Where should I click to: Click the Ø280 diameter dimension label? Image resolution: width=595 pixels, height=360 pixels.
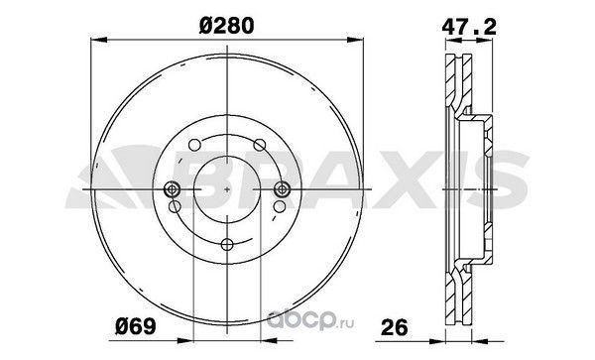226,26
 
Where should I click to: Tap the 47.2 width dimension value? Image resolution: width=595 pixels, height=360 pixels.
469,27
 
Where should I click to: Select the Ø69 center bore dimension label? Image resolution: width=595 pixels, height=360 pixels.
136,326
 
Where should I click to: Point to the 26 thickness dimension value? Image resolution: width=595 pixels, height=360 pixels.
395,326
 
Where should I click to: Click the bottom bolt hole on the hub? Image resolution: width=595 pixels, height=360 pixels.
227,244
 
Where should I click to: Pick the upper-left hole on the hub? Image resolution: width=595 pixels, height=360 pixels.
194,145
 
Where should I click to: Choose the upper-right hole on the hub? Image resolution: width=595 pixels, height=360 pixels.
260,145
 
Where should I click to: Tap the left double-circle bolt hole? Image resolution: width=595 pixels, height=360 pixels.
173,188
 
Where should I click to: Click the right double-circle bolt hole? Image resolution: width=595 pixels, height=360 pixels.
282,188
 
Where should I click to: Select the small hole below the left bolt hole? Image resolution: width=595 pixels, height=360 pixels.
175,206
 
